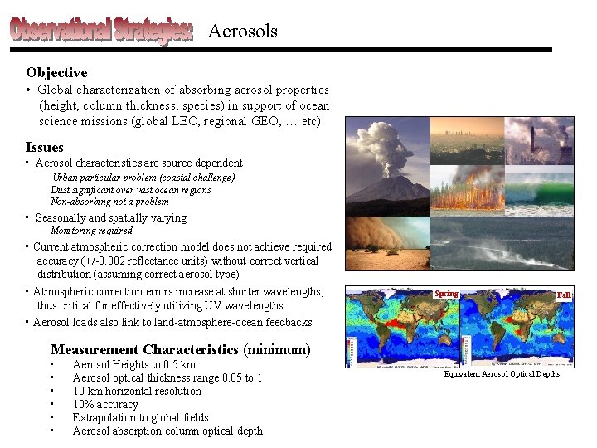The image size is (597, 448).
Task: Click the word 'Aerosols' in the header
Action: point(242,32)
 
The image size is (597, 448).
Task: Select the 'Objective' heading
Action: point(56,73)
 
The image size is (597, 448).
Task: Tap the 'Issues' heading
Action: point(44,148)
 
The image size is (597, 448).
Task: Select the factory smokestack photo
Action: point(539,139)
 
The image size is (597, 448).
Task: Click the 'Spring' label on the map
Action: point(446,294)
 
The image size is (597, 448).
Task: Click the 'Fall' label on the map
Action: point(564,295)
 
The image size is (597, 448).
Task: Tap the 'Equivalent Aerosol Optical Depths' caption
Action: point(502,374)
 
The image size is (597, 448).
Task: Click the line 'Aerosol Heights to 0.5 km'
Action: point(133,365)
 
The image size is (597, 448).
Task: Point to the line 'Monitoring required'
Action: point(91,231)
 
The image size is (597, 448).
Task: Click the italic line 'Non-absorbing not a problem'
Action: point(109,202)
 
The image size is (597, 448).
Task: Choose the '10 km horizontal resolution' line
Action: point(137,392)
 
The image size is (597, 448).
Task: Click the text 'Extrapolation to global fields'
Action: point(140,418)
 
